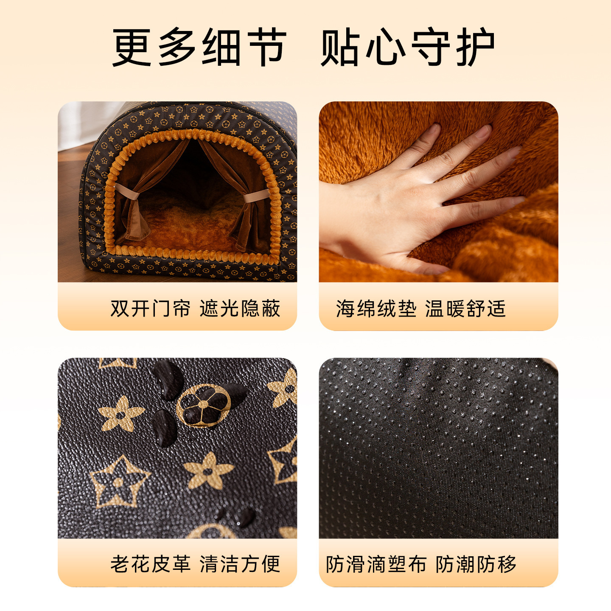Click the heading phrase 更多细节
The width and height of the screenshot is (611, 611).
coord(199,47)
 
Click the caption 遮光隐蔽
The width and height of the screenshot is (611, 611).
coord(240,308)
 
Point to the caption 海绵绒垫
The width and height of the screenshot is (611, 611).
coord(376,308)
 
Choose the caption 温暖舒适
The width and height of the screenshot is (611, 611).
coord(465,308)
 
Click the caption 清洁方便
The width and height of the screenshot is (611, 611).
coord(240,564)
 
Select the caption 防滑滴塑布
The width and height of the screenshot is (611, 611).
coord(376,564)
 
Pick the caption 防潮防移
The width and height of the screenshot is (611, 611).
coord(476,564)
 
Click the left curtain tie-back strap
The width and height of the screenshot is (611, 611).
coord(127,191)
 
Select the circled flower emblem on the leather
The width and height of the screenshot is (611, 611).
coord(203,405)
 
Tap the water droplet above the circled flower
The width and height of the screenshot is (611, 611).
coord(168,379)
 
